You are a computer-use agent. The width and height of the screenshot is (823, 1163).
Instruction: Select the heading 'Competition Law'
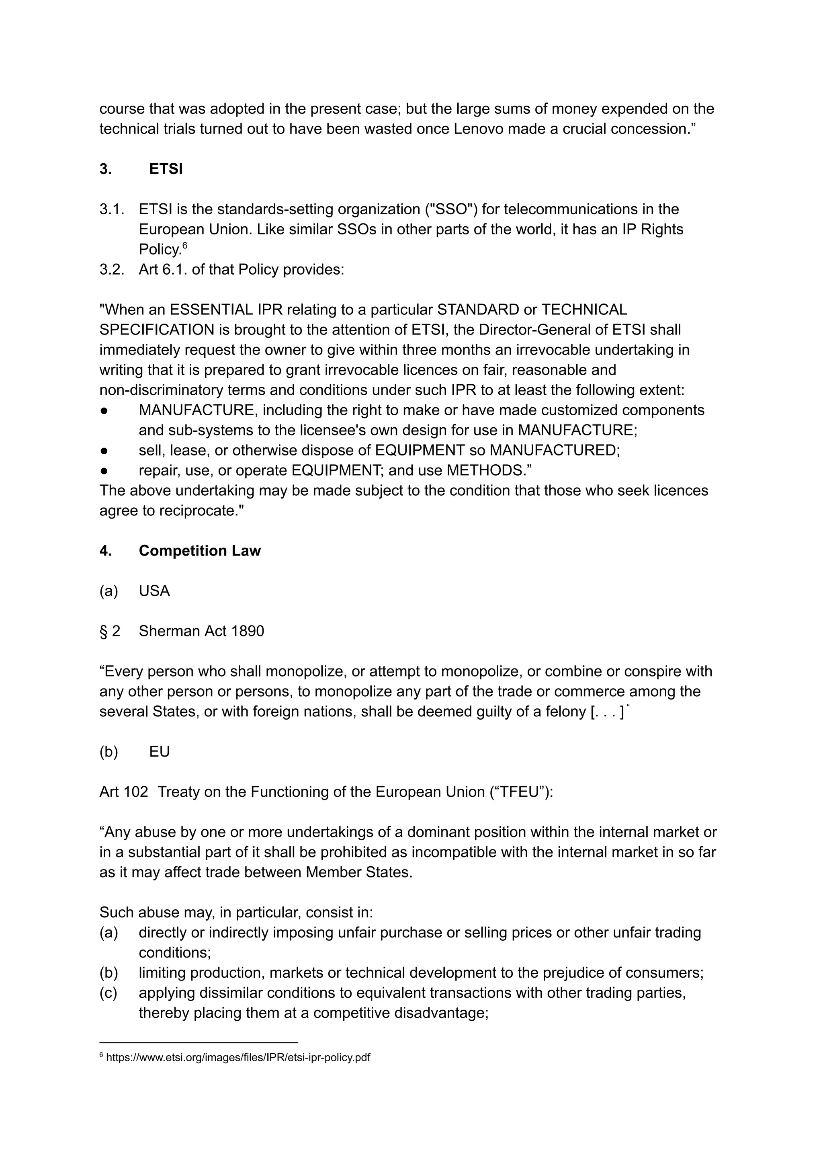200,551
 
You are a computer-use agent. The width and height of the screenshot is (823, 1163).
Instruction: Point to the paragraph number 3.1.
111,209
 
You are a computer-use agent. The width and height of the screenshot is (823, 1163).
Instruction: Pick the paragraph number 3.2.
111,269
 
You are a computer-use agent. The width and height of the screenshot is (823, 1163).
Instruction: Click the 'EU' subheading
159,752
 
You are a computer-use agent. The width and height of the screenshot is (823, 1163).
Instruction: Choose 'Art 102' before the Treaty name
124,792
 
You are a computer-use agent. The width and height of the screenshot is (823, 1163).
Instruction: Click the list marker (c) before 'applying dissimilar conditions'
109,993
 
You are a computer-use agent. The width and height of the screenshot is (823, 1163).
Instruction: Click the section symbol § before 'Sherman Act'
103,631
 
